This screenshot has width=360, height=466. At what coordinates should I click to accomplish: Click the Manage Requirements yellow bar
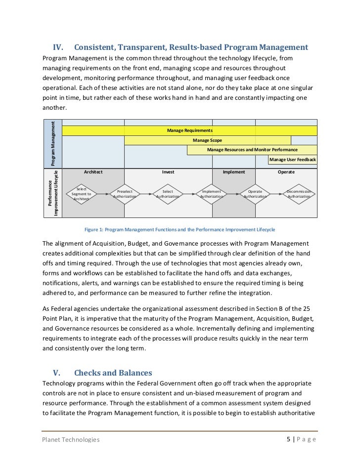[x=190, y=130]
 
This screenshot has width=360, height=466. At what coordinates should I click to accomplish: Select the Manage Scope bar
[x=207, y=140]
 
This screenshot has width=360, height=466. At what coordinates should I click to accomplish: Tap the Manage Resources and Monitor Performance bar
[x=252, y=150]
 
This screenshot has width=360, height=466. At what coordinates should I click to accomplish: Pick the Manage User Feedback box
[x=292, y=160]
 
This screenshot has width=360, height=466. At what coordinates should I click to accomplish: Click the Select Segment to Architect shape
[x=81, y=194]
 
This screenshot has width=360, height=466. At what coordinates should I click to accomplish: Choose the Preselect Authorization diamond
[x=125, y=194]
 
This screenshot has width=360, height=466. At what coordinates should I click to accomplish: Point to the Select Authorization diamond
[x=168, y=194]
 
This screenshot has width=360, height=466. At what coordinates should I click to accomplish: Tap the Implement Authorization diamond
[x=212, y=194]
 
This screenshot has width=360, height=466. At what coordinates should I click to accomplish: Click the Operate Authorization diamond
[x=255, y=194]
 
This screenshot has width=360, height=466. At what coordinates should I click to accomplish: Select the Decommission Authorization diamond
[x=299, y=194]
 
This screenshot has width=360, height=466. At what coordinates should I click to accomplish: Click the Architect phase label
[x=93, y=172]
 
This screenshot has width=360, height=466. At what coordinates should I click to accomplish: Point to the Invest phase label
[x=168, y=172]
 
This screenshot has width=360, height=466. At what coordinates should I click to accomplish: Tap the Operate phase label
[x=286, y=172]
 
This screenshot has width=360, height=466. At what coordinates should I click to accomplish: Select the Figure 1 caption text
[x=180, y=230]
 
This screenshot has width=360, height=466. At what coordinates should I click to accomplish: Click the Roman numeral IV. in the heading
[x=59, y=47]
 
